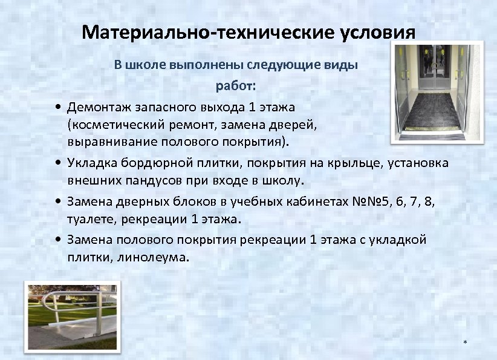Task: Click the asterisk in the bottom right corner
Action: pos(465,343)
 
